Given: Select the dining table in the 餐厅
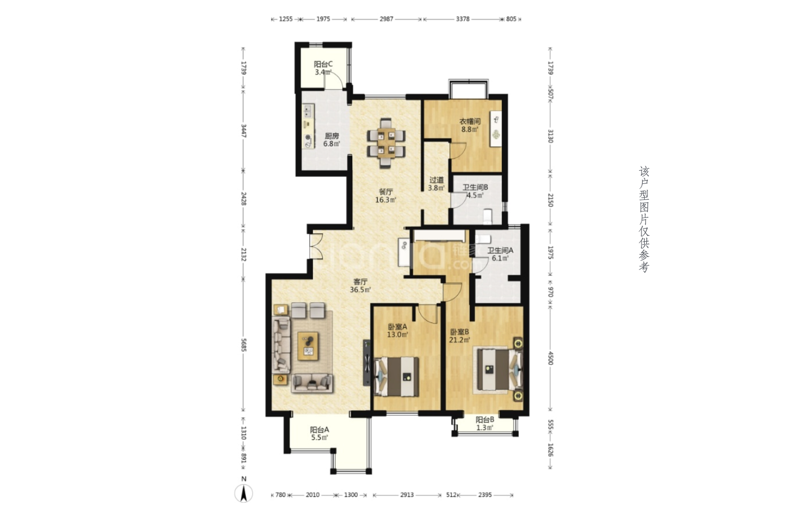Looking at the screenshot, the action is [386, 143].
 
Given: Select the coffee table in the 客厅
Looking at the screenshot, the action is [308, 346].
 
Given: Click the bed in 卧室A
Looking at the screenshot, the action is [397, 376].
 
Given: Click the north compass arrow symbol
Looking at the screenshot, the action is [244, 493].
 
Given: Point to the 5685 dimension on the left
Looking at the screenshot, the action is [244, 345].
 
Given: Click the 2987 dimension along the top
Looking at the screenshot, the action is [387, 19].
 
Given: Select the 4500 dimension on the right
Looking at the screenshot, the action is [550, 358].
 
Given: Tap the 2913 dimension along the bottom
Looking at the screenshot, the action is [407, 495].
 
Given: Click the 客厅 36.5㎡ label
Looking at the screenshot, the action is [360, 286].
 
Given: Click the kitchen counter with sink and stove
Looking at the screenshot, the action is [308, 126].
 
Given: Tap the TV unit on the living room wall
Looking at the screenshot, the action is [367, 363].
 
